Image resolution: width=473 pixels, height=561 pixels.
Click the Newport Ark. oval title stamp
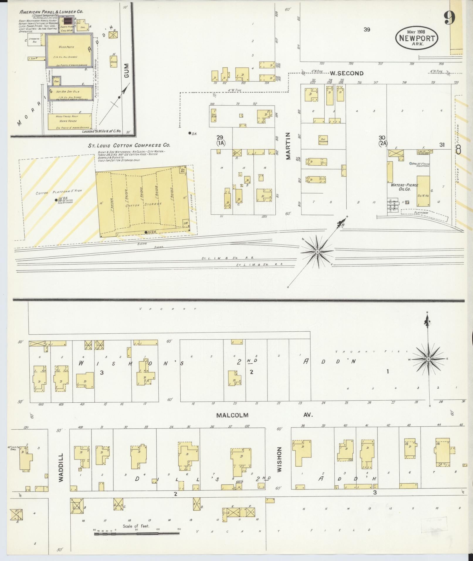pyautogui.click(x=416, y=37)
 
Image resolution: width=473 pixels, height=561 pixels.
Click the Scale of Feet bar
pyautogui.click(x=137, y=533)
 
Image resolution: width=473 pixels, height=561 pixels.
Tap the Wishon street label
pyautogui.click(x=279, y=463)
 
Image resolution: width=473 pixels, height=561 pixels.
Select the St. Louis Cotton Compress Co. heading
pyautogui.click(x=129, y=145)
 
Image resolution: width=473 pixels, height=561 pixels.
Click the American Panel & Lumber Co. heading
pyautogui.click(x=51, y=12)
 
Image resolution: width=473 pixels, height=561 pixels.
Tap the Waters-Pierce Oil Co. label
pyautogui.click(x=404, y=187)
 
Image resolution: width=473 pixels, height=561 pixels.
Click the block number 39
pyautogui.click(x=367, y=29)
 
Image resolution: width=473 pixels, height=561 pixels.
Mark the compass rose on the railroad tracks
pyautogui.click(x=317, y=252)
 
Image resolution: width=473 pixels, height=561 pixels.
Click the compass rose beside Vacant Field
pyautogui.click(x=428, y=359)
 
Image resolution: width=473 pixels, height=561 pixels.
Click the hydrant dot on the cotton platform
pyautogui.click(x=56, y=200)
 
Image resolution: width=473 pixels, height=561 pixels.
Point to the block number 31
pyautogui.click(x=442, y=145)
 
